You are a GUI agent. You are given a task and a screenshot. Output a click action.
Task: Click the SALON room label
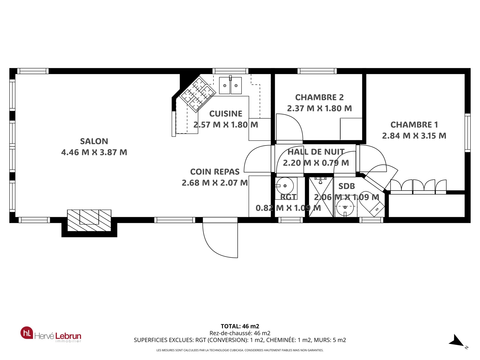pos(94,141)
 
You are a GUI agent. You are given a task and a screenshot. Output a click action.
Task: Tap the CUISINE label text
pos(226,114)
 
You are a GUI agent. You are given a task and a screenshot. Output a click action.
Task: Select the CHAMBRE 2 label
pos(319,97)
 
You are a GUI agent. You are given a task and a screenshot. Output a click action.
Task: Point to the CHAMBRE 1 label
pos(414,124)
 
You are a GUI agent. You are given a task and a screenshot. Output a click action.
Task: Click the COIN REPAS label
pos(215,172)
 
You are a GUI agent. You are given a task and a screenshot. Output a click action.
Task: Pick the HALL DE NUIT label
pos(316,152)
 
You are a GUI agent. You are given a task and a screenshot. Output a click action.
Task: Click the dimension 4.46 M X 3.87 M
pos(94,152)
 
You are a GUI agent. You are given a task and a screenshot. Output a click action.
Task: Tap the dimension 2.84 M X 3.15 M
pos(414,136)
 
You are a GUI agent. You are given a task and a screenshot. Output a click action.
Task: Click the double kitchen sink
pos(230,85)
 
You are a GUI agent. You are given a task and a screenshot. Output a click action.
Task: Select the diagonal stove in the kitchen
pos(197,94)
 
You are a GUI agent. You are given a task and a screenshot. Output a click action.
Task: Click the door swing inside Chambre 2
pos(289,127)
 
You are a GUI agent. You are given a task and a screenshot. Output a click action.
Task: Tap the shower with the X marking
pos(321,197)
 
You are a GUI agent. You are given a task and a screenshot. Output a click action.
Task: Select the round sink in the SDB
pos(345,207)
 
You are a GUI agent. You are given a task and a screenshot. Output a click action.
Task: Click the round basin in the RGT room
pos(284,186)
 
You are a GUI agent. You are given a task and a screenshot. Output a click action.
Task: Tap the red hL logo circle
pos(27,333)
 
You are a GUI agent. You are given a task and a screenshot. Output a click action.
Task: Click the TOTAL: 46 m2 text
pos(240,326)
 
